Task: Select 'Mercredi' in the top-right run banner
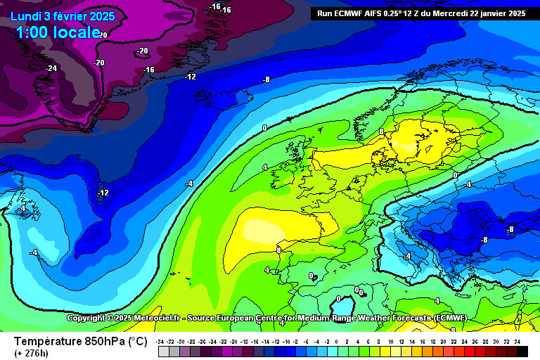coord(458,13)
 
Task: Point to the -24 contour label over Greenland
coord(51,68)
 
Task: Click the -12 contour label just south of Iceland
coord(191,77)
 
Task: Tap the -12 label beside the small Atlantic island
coord(103,193)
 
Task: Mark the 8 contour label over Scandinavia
coord(381,131)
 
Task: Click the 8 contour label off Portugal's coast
coord(278,250)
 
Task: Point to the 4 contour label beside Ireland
coord(264,167)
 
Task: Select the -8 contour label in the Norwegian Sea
coord(266,79)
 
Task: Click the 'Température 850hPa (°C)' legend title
coord(81,341)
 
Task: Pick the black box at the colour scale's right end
coord(522,351)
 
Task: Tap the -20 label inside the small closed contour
coord(143,51)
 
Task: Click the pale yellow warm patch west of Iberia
coord(260,229)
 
